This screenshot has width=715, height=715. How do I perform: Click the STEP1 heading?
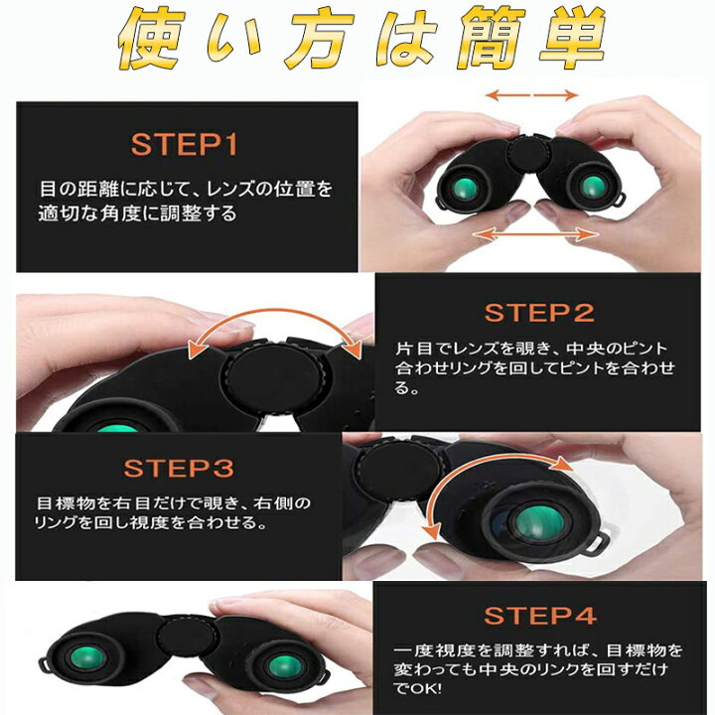[186, 145]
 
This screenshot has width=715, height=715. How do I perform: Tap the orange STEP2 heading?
[539, 313]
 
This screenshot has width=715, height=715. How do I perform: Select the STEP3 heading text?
[179, 468]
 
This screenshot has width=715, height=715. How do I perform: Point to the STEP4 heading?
[540, 615]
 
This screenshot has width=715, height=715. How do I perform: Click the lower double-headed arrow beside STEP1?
[535, 234]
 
